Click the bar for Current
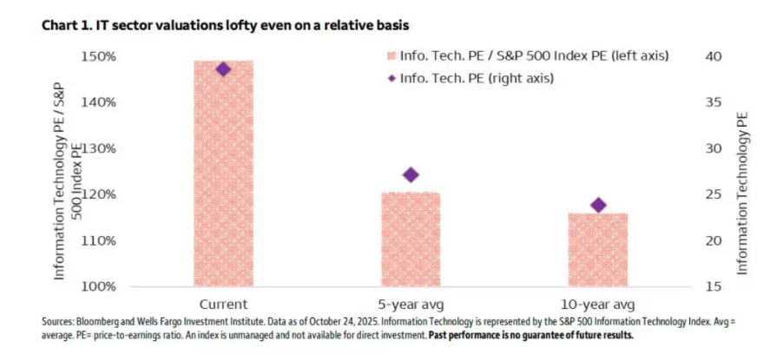coord(223,173)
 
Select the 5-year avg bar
coord(411,239)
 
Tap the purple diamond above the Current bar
coord(223,69)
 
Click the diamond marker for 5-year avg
coord(411,174)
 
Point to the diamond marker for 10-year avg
coord(598,205)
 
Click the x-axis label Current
coord(223,304)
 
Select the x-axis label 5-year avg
coord(411,304)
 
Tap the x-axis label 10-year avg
coord(598,304)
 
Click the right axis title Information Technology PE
coord(742,193)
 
